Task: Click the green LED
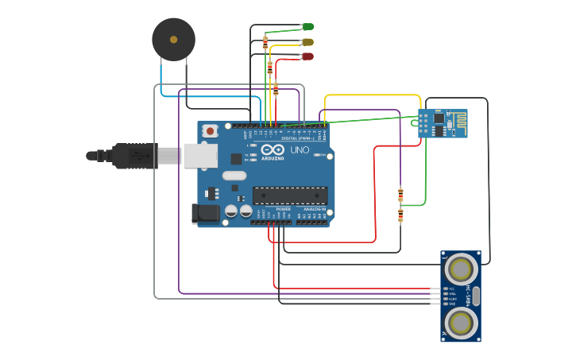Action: coord(308,27)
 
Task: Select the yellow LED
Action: coord(307,41)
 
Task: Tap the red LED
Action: coord(307,56)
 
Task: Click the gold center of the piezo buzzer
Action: coord(173,37)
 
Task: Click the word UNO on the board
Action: coord(300,150)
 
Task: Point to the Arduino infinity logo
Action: coord(271,150)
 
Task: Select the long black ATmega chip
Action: coord(290,195)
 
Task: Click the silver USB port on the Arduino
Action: coord(200,156)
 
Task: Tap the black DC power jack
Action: coord(205,214)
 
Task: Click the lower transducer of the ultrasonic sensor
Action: coord(461,323)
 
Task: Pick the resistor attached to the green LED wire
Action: coord(265,42)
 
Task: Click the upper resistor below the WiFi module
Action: coord(400,195)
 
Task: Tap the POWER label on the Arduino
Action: coord(283,209)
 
